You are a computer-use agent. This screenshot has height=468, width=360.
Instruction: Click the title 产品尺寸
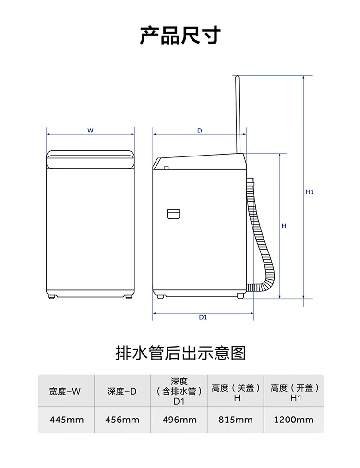coord(180,36)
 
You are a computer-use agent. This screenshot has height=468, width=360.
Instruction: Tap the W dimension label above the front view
coord(90,131)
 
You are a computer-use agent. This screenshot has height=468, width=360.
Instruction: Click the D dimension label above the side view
coord(199,131)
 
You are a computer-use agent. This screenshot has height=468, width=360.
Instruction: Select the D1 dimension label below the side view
coord(203,317)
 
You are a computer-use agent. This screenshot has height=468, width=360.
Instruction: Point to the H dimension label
coord(284,226)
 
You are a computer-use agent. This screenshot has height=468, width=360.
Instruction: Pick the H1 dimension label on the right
coord(310,192)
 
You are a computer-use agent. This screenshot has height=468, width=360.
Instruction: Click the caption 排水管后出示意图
coord(180,353)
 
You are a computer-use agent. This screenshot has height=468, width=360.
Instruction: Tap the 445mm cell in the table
coord(67,420)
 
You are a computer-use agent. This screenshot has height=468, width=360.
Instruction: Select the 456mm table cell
coord(122,420)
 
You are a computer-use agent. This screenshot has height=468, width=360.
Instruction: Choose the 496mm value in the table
coord(180,420)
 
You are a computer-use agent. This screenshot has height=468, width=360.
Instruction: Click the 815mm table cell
coord(235,420)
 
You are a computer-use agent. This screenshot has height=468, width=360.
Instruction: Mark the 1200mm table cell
coord(294,420)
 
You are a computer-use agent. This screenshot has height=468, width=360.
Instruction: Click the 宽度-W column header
coord(65,391)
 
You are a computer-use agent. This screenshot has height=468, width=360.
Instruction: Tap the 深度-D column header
coord(122,391)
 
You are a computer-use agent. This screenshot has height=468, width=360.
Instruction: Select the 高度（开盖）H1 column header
coord(295,393)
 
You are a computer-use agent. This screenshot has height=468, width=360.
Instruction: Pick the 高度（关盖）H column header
coord(236,393)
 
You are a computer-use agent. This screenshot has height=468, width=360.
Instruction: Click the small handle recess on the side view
coord(173,214)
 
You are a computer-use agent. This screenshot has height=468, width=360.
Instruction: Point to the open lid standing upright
coord(238,115)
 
